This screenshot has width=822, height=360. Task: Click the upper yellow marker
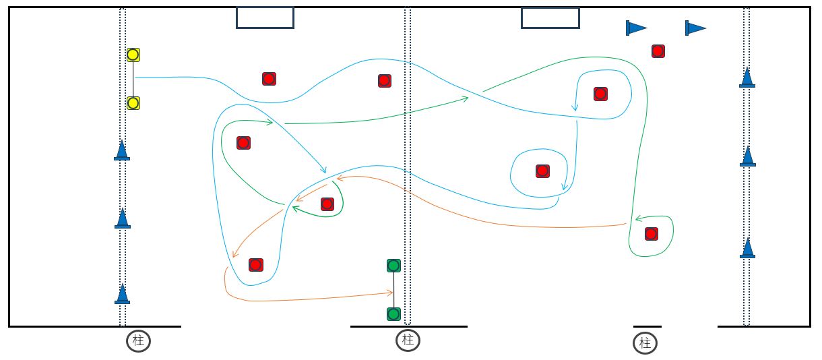(133, 55)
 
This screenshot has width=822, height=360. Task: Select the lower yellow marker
(133, 103)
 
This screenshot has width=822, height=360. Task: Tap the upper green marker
(394, 266)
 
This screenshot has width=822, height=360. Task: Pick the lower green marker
(394, 314)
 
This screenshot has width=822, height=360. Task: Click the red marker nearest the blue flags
(658, 51)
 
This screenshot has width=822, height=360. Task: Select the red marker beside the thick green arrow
(327, 204)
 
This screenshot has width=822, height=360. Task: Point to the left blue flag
(635, 28)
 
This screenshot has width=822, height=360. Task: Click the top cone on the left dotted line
(122, 150)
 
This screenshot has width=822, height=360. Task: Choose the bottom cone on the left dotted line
(122, 294)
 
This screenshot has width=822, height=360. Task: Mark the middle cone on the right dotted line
(747, 156)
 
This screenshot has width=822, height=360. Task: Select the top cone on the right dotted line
(747, 78)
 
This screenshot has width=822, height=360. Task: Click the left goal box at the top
(265, 18)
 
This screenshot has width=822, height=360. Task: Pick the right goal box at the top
(550, 18)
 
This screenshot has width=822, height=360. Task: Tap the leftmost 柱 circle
(138, 340)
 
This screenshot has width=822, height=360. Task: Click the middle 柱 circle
(408, 340)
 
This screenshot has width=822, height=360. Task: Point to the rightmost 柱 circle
(645, 343)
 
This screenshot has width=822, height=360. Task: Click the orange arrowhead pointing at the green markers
(390, 293)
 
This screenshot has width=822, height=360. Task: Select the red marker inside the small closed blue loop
(542, 171)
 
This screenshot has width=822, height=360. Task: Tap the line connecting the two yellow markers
(133, 79)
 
